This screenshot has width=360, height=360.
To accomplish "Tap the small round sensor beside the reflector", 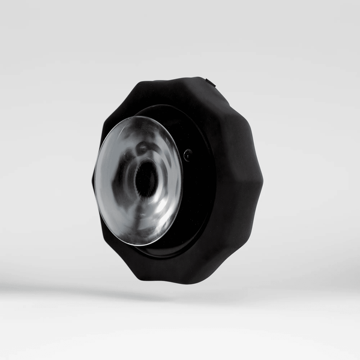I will coord(188,155).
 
